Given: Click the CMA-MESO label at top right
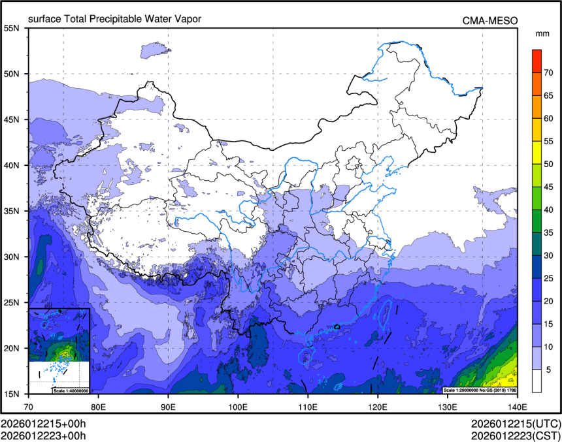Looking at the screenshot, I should pyautogui.click(x=490, y=20).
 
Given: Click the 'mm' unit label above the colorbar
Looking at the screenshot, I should pyautogui.click(x=542, y=33).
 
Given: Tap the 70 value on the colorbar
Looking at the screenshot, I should pyautogui.click(x=550, y=72).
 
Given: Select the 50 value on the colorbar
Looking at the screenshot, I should pyautogui.click(x=550, y=164).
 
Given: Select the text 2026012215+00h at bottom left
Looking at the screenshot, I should pyautogui.click(x=44, y=424).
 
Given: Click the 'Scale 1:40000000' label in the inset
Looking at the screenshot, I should pyautogui.click(x=71, y=390).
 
